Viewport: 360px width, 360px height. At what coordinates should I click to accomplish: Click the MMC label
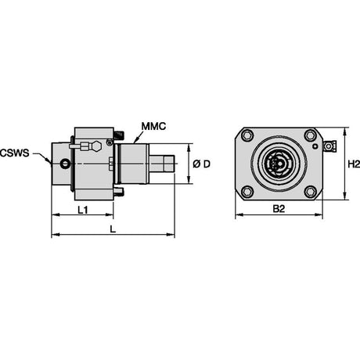[x=153, y=126]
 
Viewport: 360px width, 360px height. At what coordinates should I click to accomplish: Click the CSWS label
[x=15, y=153]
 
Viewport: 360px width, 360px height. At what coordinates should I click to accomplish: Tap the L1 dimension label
[x=83, y=210]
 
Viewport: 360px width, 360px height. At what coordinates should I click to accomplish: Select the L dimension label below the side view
[x=113, y=229]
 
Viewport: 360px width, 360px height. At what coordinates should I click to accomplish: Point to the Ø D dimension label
[x=201, y=164]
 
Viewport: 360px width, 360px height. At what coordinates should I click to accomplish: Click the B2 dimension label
[x=279, y=209]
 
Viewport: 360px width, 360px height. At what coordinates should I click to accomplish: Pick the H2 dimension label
[x=354, y=164]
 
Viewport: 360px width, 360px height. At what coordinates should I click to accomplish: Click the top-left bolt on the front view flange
[x=247, y=135]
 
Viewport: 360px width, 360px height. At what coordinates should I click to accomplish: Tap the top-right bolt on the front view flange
[x=311, y=135]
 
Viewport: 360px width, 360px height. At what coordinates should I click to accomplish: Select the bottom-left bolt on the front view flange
[x=247, y=192]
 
